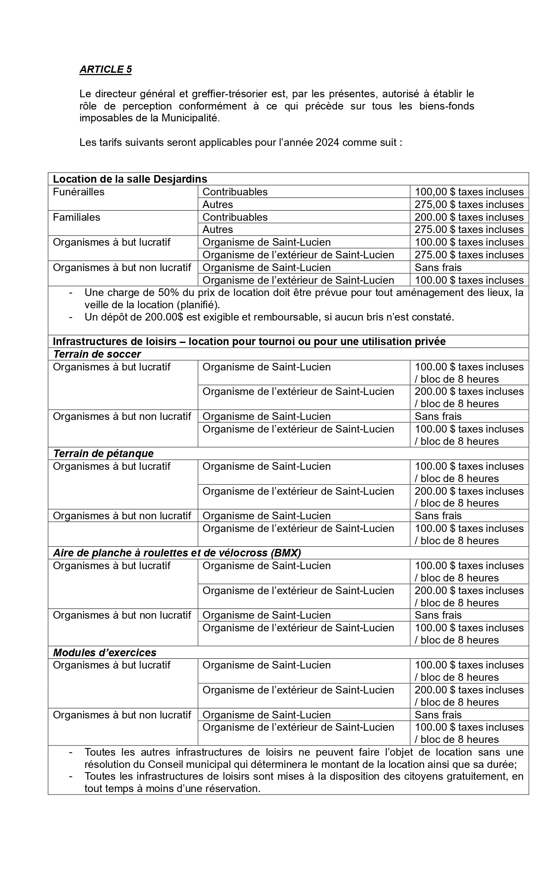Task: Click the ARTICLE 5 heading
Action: pos(105,69)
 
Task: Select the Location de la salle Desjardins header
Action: pos(130,179)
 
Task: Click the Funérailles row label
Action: pos(79,192)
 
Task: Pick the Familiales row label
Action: pos(77,217)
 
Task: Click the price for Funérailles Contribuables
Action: pos(469,192)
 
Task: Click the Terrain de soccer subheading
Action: pos(97,354)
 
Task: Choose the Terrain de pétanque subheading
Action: pos(103,453)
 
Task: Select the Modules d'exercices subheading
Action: pos(104,652)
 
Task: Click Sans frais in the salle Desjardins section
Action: pos(438,267)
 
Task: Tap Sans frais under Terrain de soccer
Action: pos(438,416)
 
